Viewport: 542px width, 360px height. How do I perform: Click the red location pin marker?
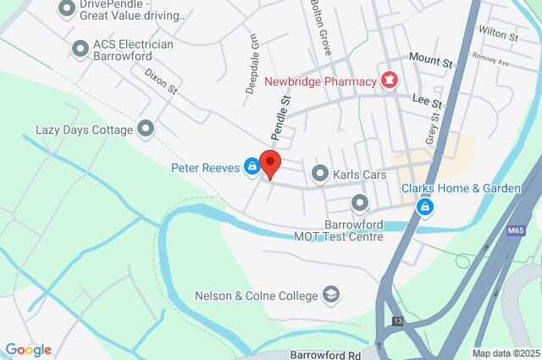(x=269, y=163)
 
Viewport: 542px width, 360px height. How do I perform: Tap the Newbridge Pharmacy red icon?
(x=390, y=81)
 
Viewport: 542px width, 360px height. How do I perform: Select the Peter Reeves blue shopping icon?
(x=252, y=167)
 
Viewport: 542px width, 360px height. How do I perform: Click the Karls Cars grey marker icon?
(x=320, y=174)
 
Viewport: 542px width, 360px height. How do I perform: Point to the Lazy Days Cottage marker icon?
(x=146, y=130)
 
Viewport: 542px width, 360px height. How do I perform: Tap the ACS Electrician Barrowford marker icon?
(x=80, y=50)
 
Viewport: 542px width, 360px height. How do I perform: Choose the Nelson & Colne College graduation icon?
(x=331, y=295)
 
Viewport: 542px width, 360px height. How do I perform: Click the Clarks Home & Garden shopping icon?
(x=425, y=205)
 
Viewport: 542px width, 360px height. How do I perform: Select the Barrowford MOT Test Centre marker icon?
(x=360, y=202)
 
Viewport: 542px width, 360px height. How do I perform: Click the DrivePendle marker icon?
(x=67, y=8)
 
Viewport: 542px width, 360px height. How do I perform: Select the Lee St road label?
(x=427, y=101)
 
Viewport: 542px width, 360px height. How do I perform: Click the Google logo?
(x=28, y=349)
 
